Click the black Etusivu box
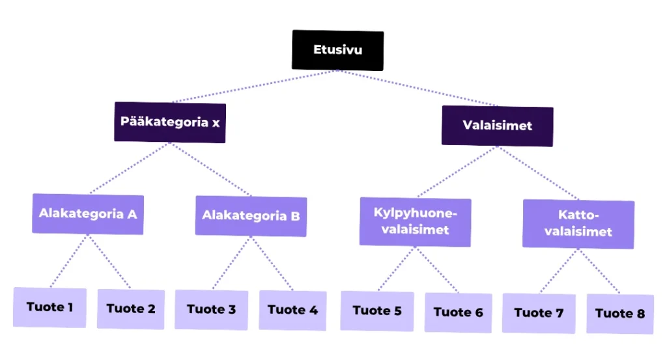click(x=337, y=50)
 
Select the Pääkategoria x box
click(x=170, y=122)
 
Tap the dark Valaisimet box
click(x=498, y=126)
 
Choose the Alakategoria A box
click(x=88, y=214)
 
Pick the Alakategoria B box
click(x=251, y=215)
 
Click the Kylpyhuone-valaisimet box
click(x=415, y=222)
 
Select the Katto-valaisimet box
click(x=578, y=223)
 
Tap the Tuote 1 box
click(x=50, y=307)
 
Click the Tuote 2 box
click(x=131, y=309)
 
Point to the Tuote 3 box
click(x=211, y=309)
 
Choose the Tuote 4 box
click(x=292, y=310)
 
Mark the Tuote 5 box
click(x=377, y=311)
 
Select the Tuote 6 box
click(x=459, y=312)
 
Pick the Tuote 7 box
click(x=539, y=313)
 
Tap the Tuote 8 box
click(x=620, y=314)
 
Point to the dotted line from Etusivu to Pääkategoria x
click(x=254, y=87)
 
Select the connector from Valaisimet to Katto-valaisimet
click(x=539, y=174)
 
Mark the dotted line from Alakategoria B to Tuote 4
click(x=272, y=264)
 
